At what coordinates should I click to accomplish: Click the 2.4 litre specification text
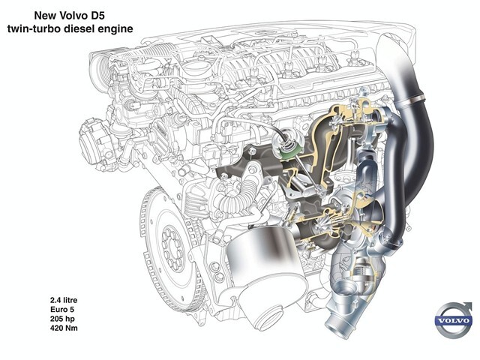(x=64, y=300)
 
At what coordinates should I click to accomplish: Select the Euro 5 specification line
(x=62, y=309)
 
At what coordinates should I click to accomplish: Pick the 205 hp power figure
(x=62, y=319)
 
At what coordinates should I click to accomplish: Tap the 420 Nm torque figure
(x=64, y=328)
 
